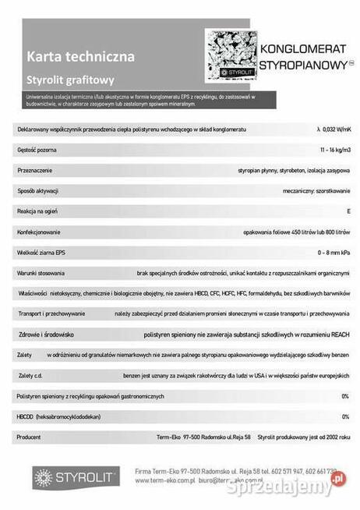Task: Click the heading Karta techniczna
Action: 80,56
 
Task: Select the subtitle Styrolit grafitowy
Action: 70,79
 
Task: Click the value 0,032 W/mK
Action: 334,128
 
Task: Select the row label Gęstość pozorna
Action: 37,148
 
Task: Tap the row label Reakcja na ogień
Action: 39,211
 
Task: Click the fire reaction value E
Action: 348,211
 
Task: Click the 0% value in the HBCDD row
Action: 344,416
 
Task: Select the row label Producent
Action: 30,437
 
